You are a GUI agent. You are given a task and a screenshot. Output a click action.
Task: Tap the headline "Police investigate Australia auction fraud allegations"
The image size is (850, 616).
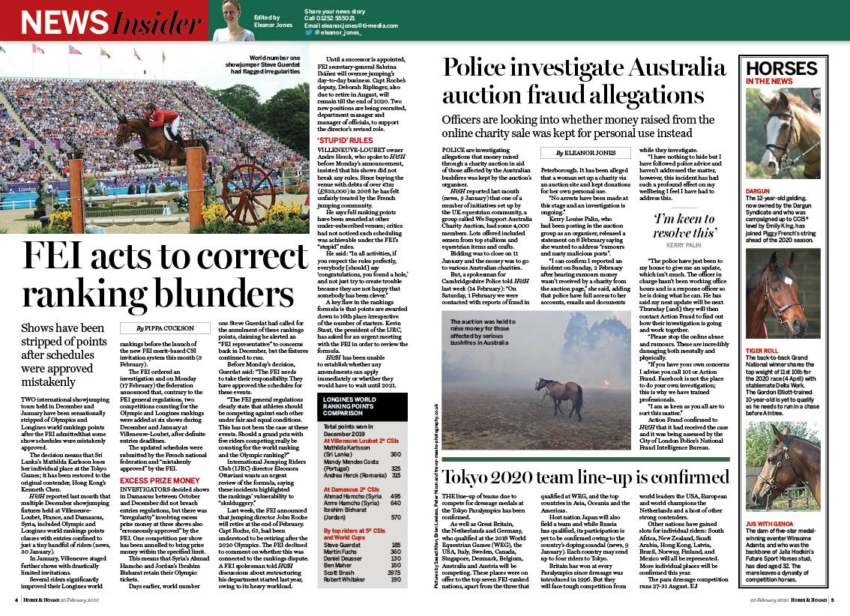pyautogui.click(x=584, y=81)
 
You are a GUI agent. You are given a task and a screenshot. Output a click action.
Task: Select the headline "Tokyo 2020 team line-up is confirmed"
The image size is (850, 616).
pyautogui.click(x=585, y=477)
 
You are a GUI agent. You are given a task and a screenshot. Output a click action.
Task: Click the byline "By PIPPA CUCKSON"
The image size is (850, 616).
pyautogui.click(x=165, y=327)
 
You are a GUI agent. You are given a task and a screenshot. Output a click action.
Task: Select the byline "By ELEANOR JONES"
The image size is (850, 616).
pyautogui.click(x=585, y=153)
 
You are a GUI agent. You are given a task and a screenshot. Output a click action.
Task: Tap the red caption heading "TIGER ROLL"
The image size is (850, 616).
pyautogui.click(x=762, y=351)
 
